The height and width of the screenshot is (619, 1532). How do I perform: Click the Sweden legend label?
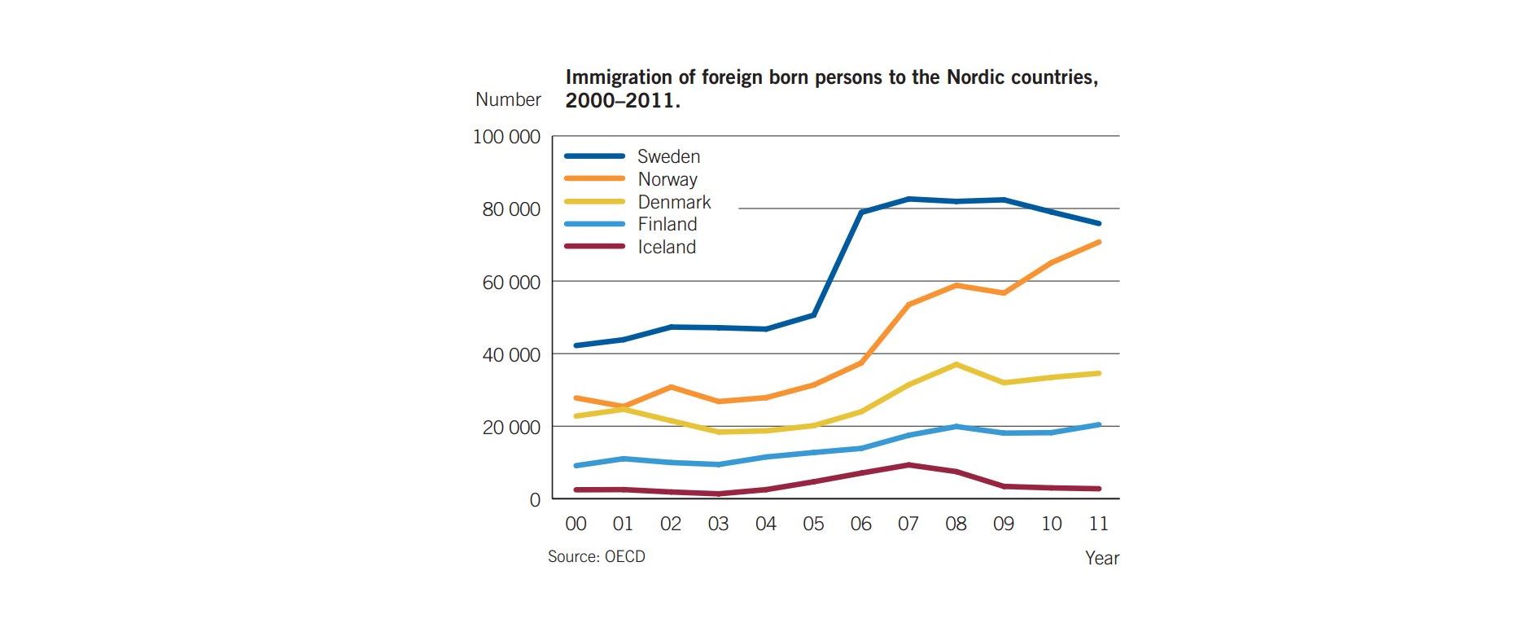668,156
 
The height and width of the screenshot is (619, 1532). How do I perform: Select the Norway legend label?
667,179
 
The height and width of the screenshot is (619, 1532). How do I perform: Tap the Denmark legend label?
673,202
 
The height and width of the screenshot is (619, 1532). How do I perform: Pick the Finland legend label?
667,224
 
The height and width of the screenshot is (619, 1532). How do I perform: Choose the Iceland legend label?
666,247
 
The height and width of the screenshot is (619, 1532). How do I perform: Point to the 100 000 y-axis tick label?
506,137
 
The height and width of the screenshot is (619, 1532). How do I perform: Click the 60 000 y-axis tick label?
510,283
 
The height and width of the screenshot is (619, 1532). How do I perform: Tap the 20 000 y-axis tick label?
510,428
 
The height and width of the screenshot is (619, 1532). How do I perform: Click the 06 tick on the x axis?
860,524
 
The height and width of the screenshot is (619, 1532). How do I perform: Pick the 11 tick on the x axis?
1098,524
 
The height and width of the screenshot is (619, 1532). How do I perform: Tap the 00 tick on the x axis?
576,524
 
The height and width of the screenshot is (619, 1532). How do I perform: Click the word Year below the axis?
1101,558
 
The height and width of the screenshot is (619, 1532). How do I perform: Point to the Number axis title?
508,99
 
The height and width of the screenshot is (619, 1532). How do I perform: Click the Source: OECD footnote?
596,556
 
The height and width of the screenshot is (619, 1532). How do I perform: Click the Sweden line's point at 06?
861,212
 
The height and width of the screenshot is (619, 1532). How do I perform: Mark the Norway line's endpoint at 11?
1099,242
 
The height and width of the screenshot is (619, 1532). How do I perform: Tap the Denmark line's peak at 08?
956,364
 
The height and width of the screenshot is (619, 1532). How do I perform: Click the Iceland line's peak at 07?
908,465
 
